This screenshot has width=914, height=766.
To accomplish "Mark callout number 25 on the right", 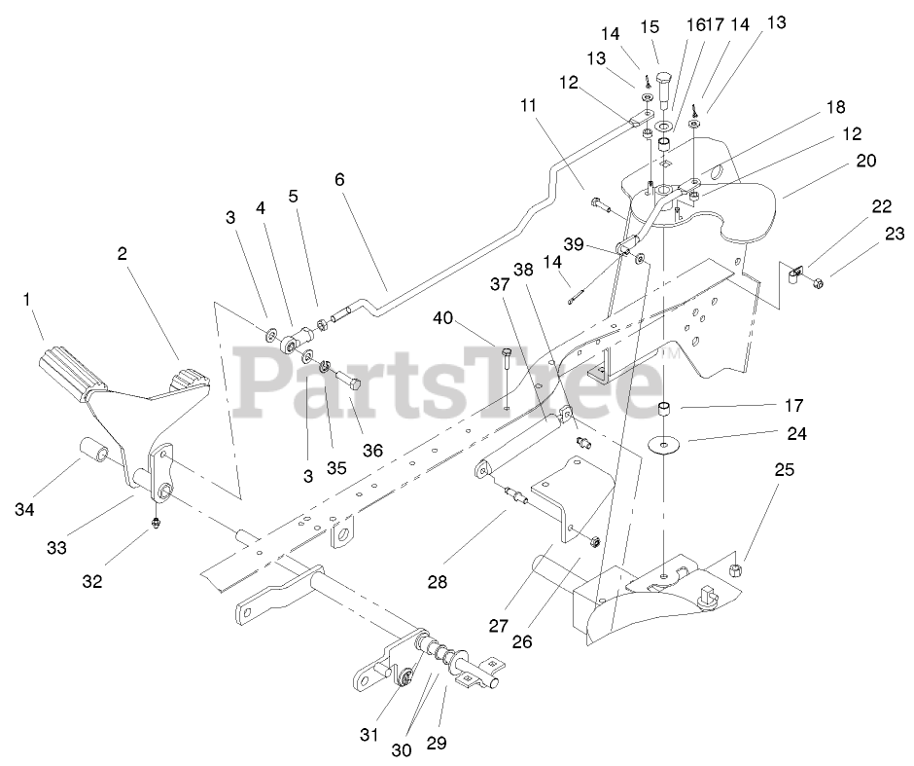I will click(x=784, y=469).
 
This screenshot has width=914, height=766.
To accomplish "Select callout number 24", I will click(x=797, y=434).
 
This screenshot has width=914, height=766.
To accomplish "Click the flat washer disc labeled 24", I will click(x=665, y=444).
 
